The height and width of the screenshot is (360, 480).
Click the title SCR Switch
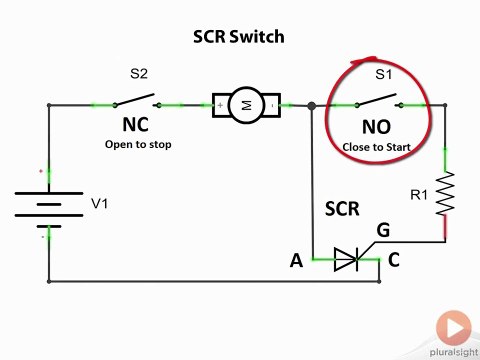click(239, 37)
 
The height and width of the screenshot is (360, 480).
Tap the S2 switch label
click(139, 73)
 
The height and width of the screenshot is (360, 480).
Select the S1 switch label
click(383, 74)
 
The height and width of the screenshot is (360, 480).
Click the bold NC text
click(137, 126)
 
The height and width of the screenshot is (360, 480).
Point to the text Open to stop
click(138, 144)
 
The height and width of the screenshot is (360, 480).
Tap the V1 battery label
click(100, 203)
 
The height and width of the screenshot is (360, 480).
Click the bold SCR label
click(341, 210)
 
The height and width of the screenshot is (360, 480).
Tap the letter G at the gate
click(383, 231)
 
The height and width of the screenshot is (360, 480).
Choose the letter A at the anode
click(296, 261)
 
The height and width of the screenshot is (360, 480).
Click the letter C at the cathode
click(394, 261)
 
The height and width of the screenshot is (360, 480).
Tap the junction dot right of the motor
click(312, 105)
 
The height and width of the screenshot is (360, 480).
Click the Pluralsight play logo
click(453, 326)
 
